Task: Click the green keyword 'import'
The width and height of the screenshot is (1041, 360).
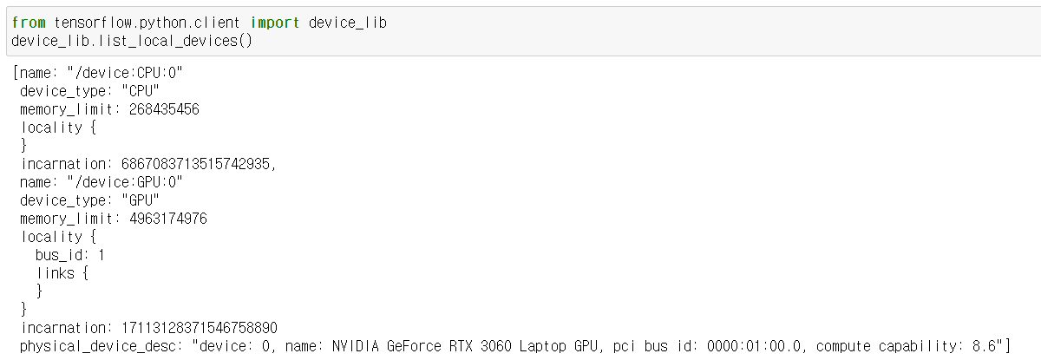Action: coord(275,23)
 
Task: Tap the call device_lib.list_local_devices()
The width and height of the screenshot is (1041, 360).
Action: coord(132,41)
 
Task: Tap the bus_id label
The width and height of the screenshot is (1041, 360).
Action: coord(62,255)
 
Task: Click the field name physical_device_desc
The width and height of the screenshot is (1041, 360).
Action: coord(96,347)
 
